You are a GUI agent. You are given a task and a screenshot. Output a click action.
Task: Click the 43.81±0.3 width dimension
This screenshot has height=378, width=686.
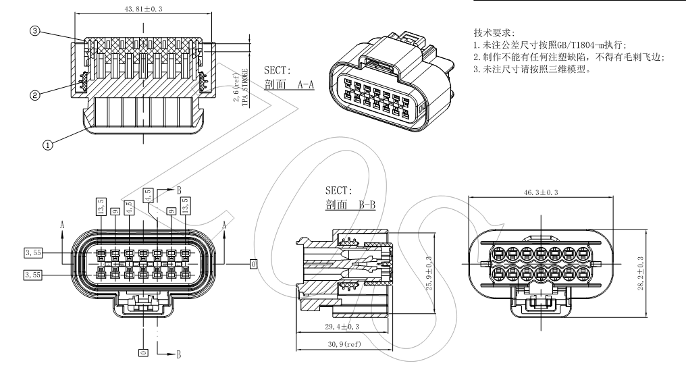click(x=144, y=10)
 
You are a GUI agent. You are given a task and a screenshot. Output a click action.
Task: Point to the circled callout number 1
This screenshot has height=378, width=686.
click(x=47, y=143)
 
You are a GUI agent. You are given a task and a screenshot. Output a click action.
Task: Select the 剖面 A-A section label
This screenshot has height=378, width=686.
click(x=290, y=86)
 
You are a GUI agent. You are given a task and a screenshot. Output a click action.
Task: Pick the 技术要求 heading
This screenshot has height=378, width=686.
click(x=496, y=32)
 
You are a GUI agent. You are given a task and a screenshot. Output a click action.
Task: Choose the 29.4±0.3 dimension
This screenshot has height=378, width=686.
click(x=342, y=327)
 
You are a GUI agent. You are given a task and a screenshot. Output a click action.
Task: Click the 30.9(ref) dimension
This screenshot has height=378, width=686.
click(x=343, y=346)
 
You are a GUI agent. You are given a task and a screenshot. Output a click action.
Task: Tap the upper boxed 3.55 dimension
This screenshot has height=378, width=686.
click(x=33, y=252)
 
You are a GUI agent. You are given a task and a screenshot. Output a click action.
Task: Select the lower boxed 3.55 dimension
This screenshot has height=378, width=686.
click(x=33, y=275)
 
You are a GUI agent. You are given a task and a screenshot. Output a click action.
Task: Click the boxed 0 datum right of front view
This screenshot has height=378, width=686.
click(x=253, y=263)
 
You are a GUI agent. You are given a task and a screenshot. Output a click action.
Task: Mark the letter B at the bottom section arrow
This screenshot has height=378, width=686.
click(x=179, y=355)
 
